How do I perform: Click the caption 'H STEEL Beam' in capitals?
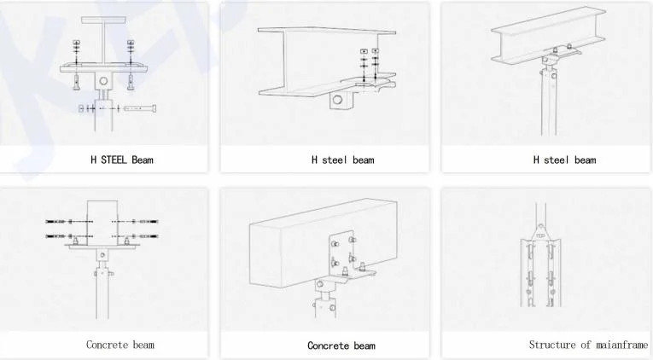(122, 160)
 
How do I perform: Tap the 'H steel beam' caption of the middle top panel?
(343, 160)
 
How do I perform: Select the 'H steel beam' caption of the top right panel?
(564, 160)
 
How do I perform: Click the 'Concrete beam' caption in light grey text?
(120, 345)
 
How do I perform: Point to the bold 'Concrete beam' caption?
(341, 345)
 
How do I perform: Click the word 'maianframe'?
(621, 345)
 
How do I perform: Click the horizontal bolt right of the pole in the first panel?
(140, 108)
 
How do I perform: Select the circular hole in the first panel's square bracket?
(103, 81)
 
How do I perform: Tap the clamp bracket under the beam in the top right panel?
(560, 54)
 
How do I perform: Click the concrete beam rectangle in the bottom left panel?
(102, 223)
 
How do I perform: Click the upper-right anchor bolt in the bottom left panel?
(149, 222)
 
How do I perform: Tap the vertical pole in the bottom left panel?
(102, 292)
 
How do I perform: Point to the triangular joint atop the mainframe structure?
(540, 232)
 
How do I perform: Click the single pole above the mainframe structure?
(540, 213)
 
